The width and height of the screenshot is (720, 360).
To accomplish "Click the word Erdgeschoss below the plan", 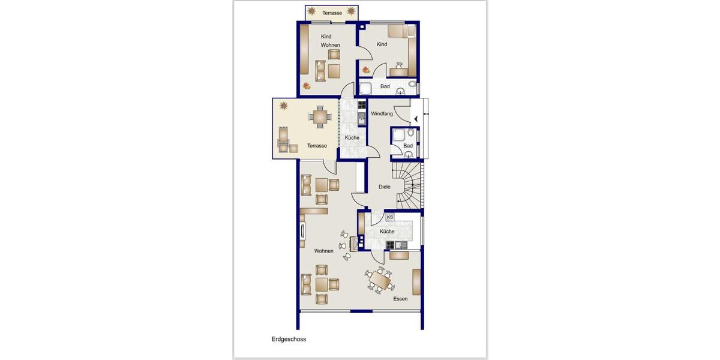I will tap(289, 339).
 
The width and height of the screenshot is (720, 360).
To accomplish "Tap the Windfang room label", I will tap(382, 113).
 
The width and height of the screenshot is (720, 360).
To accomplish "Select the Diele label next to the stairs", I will tap(384, 187).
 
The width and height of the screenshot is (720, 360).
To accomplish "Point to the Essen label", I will tap(400, 299).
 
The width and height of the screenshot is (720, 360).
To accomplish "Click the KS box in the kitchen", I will tap(390, 217).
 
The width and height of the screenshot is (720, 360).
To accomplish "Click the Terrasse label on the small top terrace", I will tap(332, 13).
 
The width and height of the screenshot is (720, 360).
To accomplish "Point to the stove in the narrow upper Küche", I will tap(362, 105).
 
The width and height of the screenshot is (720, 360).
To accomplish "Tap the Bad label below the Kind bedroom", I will tap(385, 86).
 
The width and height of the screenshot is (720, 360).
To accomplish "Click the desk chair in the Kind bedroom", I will tap(398, 64).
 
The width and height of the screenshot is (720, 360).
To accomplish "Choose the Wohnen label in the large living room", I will tap(323, 251).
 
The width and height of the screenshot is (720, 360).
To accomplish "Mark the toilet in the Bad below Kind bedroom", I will tap(413, 85).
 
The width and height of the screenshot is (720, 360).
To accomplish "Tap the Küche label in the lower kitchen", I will tap(387, 231).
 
